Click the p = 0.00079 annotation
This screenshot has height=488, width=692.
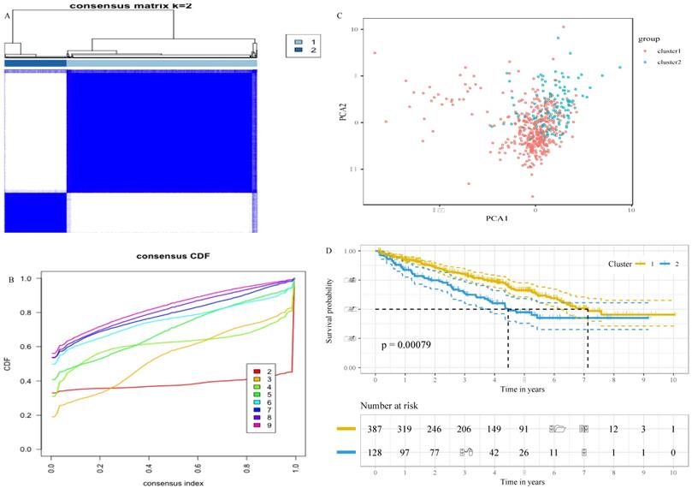click(410, 345)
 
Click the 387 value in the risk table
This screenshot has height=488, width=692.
click(376, 428)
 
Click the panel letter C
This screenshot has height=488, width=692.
click(340, 16)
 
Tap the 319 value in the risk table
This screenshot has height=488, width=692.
click(405, 428)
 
